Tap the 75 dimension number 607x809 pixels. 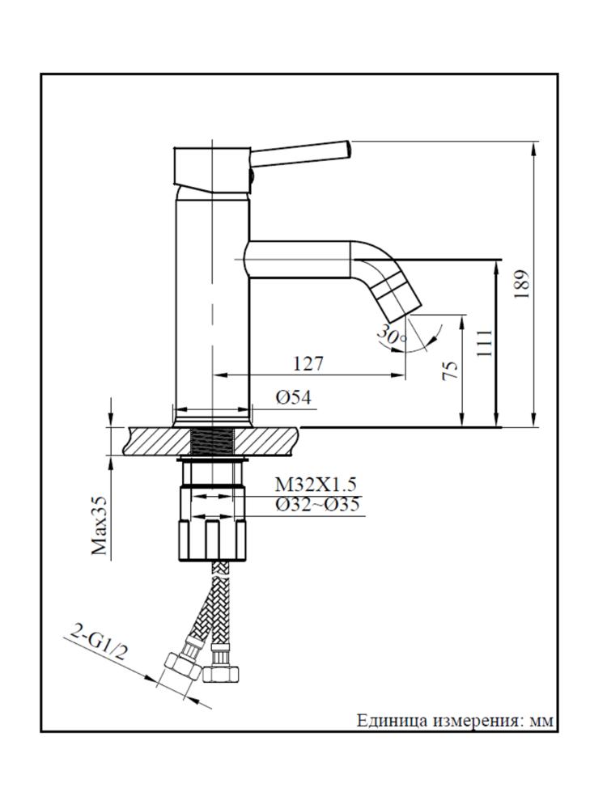(452, 371)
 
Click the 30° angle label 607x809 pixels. (392, 335)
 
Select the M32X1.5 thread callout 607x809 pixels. (315, 485)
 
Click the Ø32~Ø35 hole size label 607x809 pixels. (316, 506)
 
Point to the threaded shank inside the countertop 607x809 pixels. (213, 442)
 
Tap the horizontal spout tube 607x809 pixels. (299, 259)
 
